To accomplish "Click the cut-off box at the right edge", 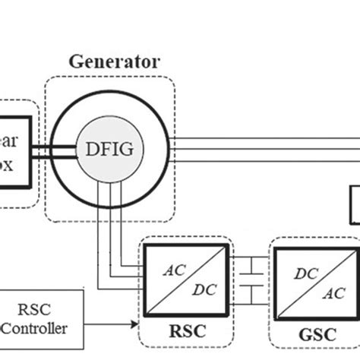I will tap(355, 205).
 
